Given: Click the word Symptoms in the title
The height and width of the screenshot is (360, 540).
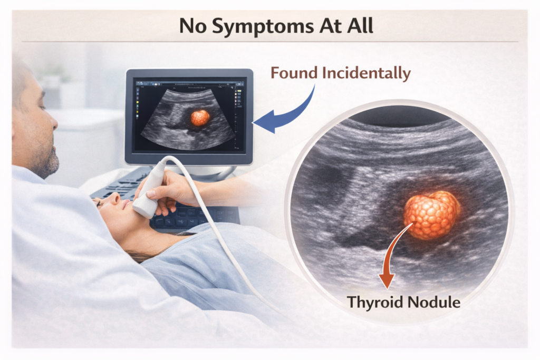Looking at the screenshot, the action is [263, 26].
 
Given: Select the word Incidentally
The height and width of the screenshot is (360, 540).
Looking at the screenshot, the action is [367, 73].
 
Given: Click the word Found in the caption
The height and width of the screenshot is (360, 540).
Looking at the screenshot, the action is [294, 73].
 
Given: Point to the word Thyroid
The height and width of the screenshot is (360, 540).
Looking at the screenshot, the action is [375, 302].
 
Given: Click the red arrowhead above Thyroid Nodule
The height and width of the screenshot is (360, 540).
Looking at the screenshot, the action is [387, 280].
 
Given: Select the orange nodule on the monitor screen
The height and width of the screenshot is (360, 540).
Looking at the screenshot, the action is [200, 118].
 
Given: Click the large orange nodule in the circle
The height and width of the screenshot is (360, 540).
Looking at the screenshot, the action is [432, 215].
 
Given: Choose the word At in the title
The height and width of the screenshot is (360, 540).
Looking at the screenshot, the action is [330, 26].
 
